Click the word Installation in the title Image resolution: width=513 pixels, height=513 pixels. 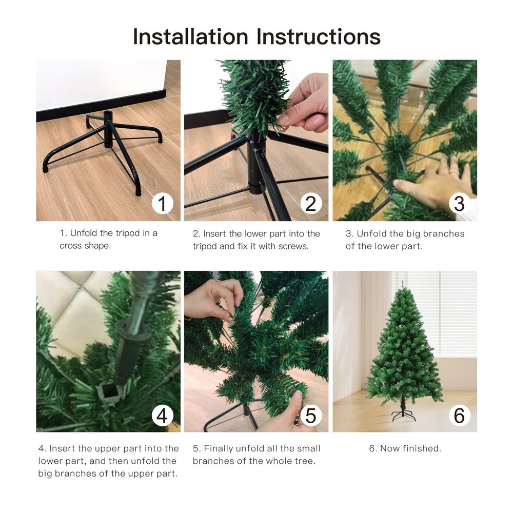(191, 36)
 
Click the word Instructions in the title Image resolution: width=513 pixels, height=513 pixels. (319, 36)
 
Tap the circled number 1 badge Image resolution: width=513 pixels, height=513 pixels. (163, 203)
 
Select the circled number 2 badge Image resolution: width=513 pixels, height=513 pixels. (311, 203)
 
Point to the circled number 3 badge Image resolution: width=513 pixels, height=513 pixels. (459, 203)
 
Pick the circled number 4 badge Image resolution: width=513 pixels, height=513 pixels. (163, 416)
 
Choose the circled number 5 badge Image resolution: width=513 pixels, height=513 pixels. (311, 416)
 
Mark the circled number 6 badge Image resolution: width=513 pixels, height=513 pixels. (459, 416)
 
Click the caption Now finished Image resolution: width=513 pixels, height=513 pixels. (405, 448)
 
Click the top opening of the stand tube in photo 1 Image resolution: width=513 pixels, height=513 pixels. (108, 113)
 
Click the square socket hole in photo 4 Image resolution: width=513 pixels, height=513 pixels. (107, 389)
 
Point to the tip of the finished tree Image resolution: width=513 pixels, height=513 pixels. (403, 282)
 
